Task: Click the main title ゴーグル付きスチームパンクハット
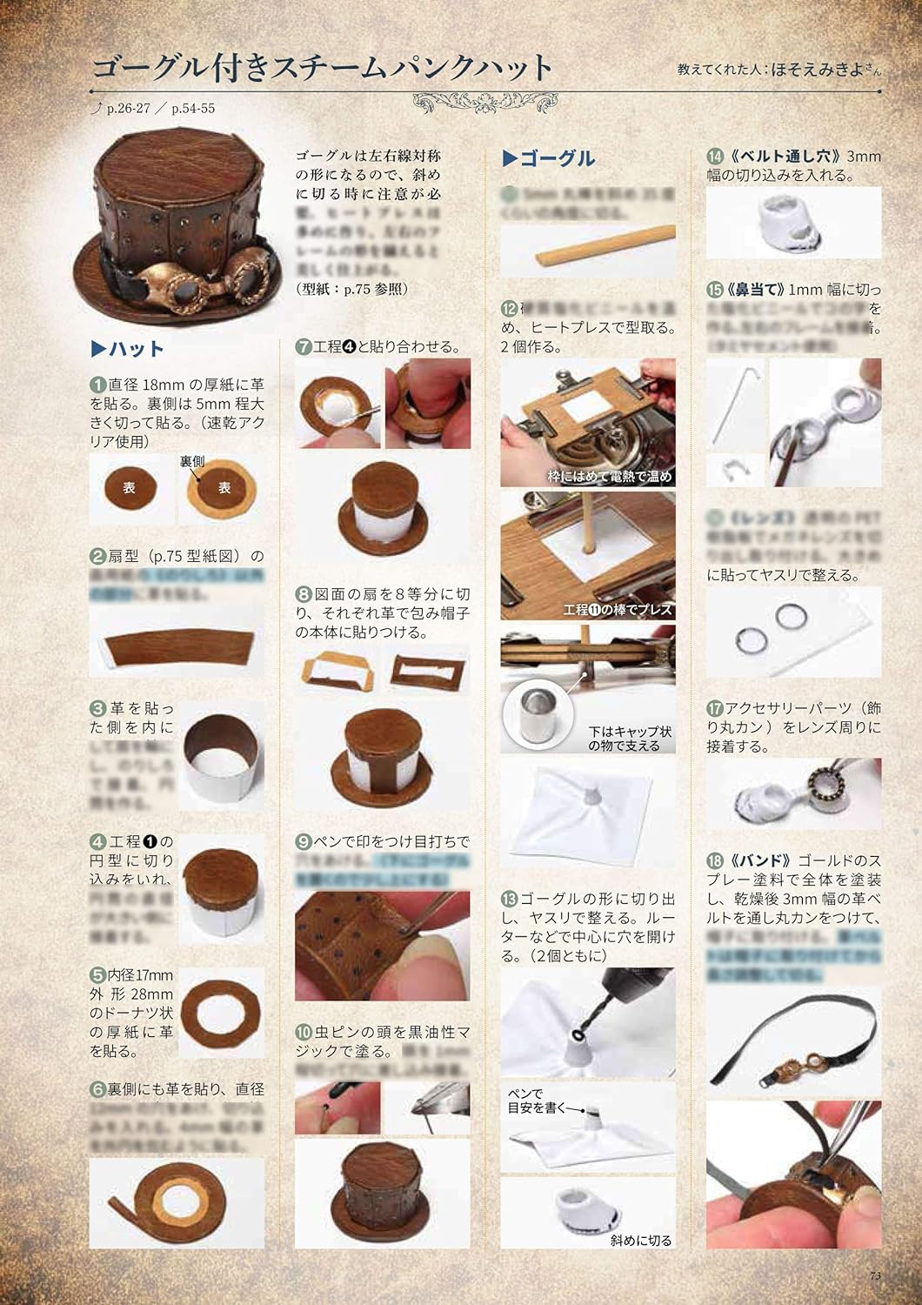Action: [322, 68]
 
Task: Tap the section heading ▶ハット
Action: [128, 350]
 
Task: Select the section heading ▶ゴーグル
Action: [549, 158]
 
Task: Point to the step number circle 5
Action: [98, 975]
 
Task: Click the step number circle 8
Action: [304, 595]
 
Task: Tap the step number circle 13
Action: [510, 898]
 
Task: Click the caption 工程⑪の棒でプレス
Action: [618, 610]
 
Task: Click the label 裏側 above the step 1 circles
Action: [192, 461]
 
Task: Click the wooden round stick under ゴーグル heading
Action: [588, 249]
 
